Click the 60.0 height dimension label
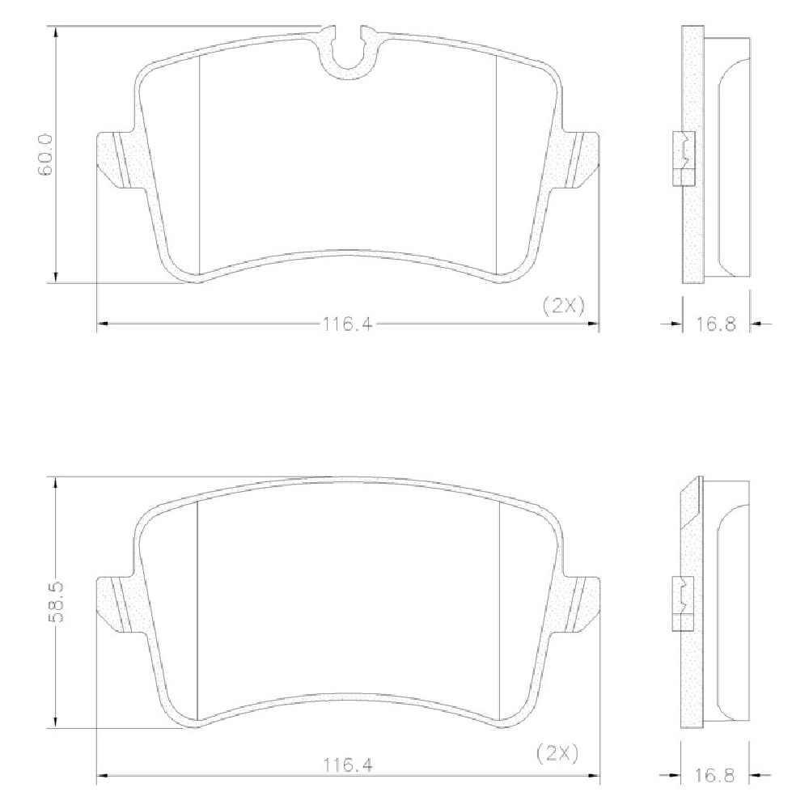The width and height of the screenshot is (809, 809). coord(45,155)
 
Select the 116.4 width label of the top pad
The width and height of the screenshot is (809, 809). coord(347,324)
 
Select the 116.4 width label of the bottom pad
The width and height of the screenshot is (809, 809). coord(347,765)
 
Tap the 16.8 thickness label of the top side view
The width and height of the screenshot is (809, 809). coord(715,324)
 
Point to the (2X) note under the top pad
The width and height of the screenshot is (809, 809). coord(564,307)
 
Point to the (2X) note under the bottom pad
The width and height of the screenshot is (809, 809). coord(557,754)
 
